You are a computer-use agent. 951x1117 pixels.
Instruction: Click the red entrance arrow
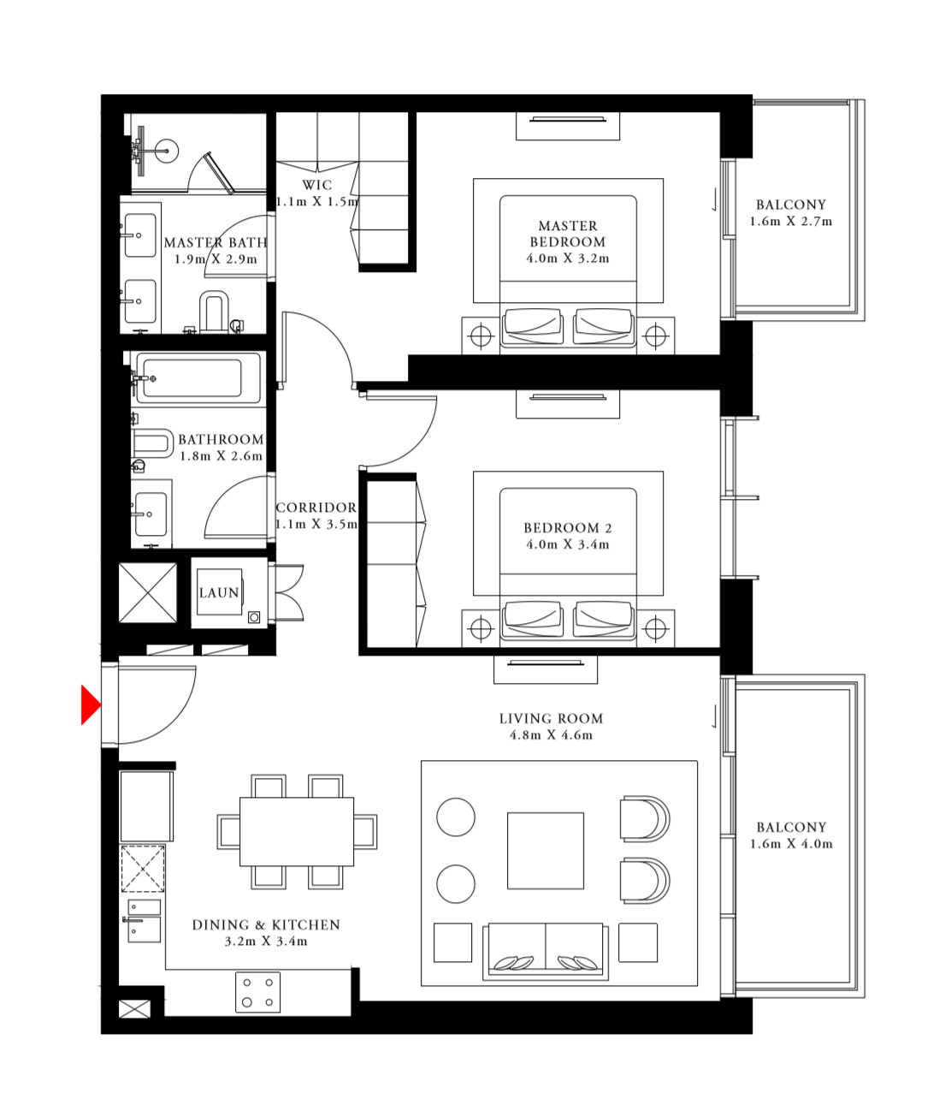tap(90, 705)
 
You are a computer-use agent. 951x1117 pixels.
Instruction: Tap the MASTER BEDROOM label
tap(568, 234)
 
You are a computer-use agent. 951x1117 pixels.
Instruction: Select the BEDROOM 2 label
tap(568, 528)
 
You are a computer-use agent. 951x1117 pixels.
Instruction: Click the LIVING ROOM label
tap(551, 719)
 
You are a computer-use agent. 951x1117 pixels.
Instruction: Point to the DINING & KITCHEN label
tap(266, 925)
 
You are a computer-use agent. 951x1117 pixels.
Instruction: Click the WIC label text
tap(316, 185)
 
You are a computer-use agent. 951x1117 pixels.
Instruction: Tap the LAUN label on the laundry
tap(219, 593)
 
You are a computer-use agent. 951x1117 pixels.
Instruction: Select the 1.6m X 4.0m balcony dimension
tap(791, 844)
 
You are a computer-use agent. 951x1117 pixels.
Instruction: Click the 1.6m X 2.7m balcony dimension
tap(791, 222)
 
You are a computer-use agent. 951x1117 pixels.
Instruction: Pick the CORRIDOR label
tap(316, 508)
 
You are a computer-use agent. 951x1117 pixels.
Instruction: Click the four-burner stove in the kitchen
tap(257, 992)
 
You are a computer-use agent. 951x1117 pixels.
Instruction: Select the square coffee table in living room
tap(546, 851)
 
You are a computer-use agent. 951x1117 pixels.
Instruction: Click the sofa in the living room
tap(546, 951)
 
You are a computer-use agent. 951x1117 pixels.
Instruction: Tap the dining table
tap(297, 832)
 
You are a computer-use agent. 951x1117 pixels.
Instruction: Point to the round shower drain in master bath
tap(167, 151)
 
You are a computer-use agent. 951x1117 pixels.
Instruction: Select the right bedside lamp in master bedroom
tap(655, 336)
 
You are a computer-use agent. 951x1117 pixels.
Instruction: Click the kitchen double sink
tap(144, 920)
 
